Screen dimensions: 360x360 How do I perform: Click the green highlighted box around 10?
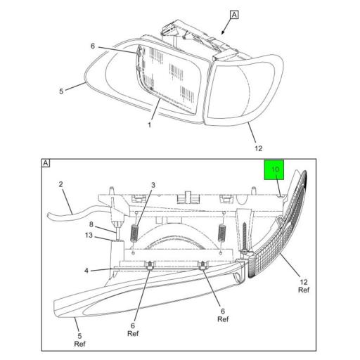pyautogui.click(x=274, y=169)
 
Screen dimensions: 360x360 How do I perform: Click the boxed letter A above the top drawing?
pyautogui.click(x=234, y=15)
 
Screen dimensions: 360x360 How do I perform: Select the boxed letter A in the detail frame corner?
pyautogui.click(x=46, y=163)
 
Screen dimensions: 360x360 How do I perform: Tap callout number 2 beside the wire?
pyautogui.click(x=61, y=184)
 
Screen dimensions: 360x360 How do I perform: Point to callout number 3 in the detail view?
pyautogui.click(x=153, y=185)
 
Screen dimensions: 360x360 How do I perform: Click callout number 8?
pyautogui.click(x=91, y=224)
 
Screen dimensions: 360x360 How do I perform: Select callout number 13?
pyautogui.click(x=89, y=235)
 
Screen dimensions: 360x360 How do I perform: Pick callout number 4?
pyautogui.click(x=86, y=271)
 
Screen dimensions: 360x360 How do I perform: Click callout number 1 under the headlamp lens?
pyautogui.click(x=149, y=125)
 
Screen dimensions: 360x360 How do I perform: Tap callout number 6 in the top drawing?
pyautogui.click(x=93, y=46)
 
